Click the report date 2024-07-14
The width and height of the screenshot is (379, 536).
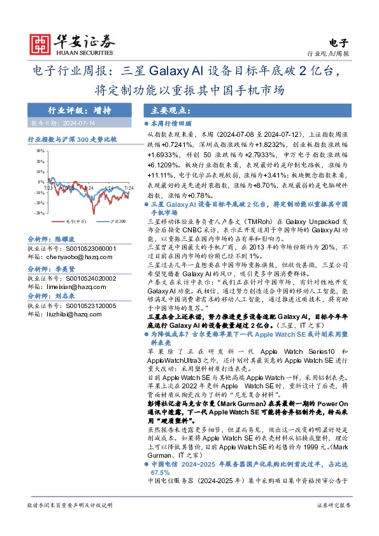68,122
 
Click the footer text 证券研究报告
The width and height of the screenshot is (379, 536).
333,523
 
